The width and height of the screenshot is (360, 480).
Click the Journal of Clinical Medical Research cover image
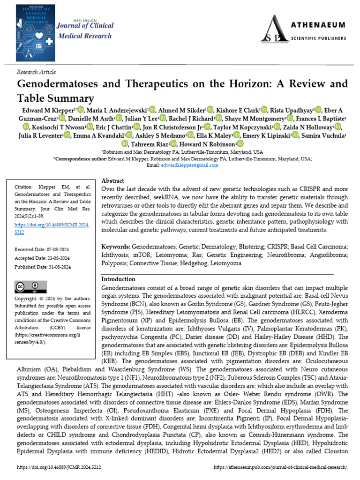pos(36,30)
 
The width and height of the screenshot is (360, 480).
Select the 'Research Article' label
pos(36,72)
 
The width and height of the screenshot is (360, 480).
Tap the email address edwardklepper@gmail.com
pos(189,165)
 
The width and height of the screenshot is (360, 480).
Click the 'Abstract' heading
pos(113,180)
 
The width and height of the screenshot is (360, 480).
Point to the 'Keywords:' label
pos(116,246)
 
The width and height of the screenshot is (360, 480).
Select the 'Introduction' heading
pos(119,279)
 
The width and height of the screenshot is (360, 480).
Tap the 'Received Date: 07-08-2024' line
pos(42,249)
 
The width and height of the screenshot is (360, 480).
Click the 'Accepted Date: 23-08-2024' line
pos(43,258)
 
